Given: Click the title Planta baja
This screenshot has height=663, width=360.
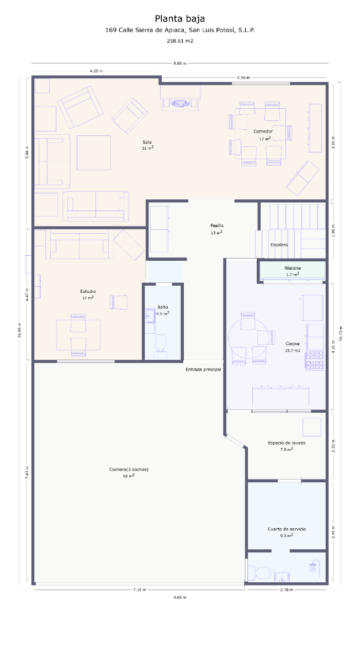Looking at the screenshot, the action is tap(180, 19).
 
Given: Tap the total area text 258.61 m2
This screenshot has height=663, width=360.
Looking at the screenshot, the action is tap(180, 41).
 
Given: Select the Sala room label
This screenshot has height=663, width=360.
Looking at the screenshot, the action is tap(147, 142).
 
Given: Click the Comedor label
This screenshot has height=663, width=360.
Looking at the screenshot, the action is tap(263, 131).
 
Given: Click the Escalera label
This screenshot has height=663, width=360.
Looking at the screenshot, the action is tap(279, 245).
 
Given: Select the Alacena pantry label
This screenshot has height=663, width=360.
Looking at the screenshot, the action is tap(292, 268).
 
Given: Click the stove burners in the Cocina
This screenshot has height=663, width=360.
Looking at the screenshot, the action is tap(314, 360).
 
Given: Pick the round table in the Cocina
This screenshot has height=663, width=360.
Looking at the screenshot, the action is tap(248, 338).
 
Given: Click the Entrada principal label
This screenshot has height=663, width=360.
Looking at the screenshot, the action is tap(203, 370).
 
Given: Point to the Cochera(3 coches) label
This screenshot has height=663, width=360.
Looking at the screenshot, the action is tap(129, 469).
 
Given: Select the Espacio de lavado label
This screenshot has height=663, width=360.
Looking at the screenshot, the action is tap(287, 443).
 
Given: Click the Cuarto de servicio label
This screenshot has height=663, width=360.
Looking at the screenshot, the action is tap(287, 529).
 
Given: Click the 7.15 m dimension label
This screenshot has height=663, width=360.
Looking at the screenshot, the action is tap(140, 590).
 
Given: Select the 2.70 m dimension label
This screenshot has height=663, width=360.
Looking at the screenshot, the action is tap(287, 590).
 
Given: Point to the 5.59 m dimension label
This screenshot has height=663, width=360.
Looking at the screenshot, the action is tap(243, 77).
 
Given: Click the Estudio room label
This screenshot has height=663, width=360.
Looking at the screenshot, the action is tap(88, 291).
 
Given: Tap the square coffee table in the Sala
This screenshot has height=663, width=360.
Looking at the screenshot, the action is tap(94, 152).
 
